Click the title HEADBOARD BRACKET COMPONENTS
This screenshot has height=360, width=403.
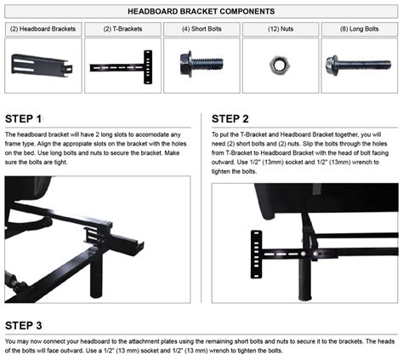click(201, 11)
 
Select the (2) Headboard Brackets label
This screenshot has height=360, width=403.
click(43, 29)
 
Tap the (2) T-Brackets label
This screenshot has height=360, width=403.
click(121, 29)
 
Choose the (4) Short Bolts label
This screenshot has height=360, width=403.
click(201, 29)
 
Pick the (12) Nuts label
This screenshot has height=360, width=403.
click(280, 29)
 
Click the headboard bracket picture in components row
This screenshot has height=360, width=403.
click(43, 63)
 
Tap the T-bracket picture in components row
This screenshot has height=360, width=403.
click(121, 64)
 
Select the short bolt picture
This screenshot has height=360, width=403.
click(201, 63)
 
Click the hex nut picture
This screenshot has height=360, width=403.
click(280, 63)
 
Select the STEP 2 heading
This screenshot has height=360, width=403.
click(230, 119)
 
